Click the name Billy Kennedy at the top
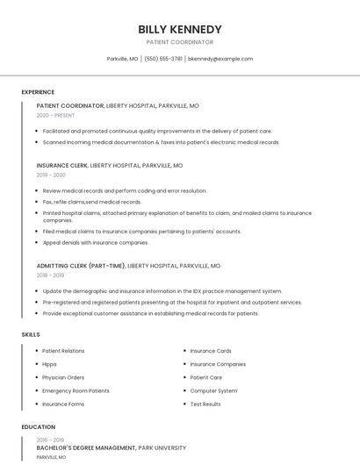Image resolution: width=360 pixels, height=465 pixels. (180, 29)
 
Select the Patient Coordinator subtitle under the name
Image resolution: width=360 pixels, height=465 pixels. (180, 42)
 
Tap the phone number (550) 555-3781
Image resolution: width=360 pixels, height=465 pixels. (163, 59)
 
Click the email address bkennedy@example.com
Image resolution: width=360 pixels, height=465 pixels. (220, 59)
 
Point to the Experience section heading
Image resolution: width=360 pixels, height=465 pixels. (38, 92)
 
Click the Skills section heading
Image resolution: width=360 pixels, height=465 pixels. (31, 334)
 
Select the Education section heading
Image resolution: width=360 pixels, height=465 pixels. (38, 427)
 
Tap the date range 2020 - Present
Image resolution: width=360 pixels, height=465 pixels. (56, 115)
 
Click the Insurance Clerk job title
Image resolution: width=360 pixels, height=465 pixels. (62, 165)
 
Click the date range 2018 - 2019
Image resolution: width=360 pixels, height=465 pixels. (51, 275)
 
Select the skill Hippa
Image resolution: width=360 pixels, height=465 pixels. (50, 364)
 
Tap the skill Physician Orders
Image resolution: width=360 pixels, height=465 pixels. (63, 377)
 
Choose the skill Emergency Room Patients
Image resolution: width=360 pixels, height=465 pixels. (76, 390)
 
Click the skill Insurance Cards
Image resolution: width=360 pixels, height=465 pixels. (211, 351)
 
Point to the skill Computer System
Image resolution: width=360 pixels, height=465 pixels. (213, 390)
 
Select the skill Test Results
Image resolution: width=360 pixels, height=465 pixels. (205, 404)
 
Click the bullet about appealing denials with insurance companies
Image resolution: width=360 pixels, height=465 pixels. (96, 242)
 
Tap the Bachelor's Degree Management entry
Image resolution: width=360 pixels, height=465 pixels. (86, 448)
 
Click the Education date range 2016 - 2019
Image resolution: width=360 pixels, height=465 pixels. (51, 440)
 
